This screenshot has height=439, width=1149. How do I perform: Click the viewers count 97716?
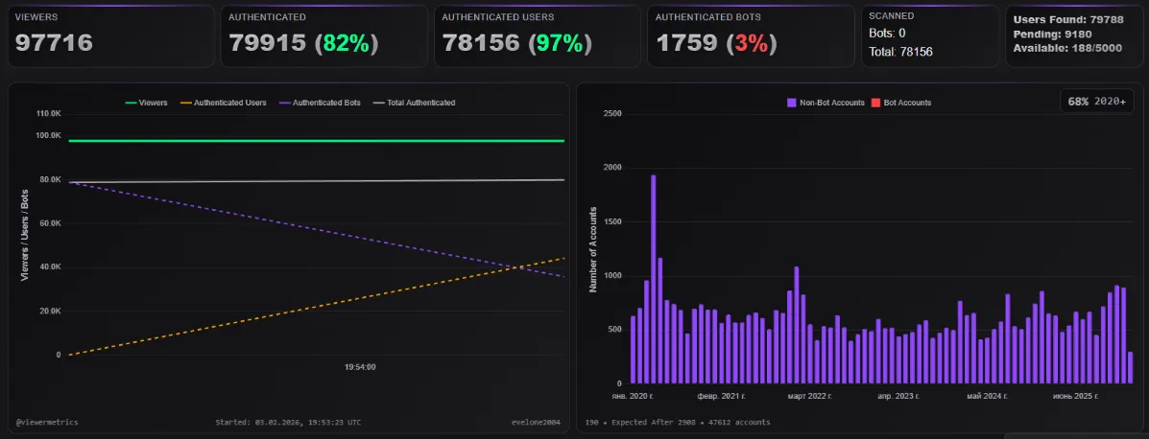click(x=54, y=42)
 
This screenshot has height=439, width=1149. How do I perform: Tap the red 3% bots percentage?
click(x=752, y=42)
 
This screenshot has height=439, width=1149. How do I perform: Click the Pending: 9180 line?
click(x=1053, y=34)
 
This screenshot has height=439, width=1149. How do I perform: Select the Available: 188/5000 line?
click(x=1067, y=48)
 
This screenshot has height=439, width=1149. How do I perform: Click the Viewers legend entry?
click(x=146, y=102)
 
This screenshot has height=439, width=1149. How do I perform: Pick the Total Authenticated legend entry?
click(x=414, y=102)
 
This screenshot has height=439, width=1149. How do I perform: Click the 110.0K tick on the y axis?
click(x=48, y=113)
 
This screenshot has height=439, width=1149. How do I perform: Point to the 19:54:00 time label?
click(x=360, y=366)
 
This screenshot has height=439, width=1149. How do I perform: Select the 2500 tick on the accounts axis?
click(x=611, y=113)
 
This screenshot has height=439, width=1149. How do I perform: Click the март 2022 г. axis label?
click(x=809, y=395)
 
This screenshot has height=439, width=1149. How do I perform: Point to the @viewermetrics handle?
click(x=47, y=421)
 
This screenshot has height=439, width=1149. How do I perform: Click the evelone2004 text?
click(x=538, y=421)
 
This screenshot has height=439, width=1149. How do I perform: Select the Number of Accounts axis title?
click(x=593, y=249)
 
